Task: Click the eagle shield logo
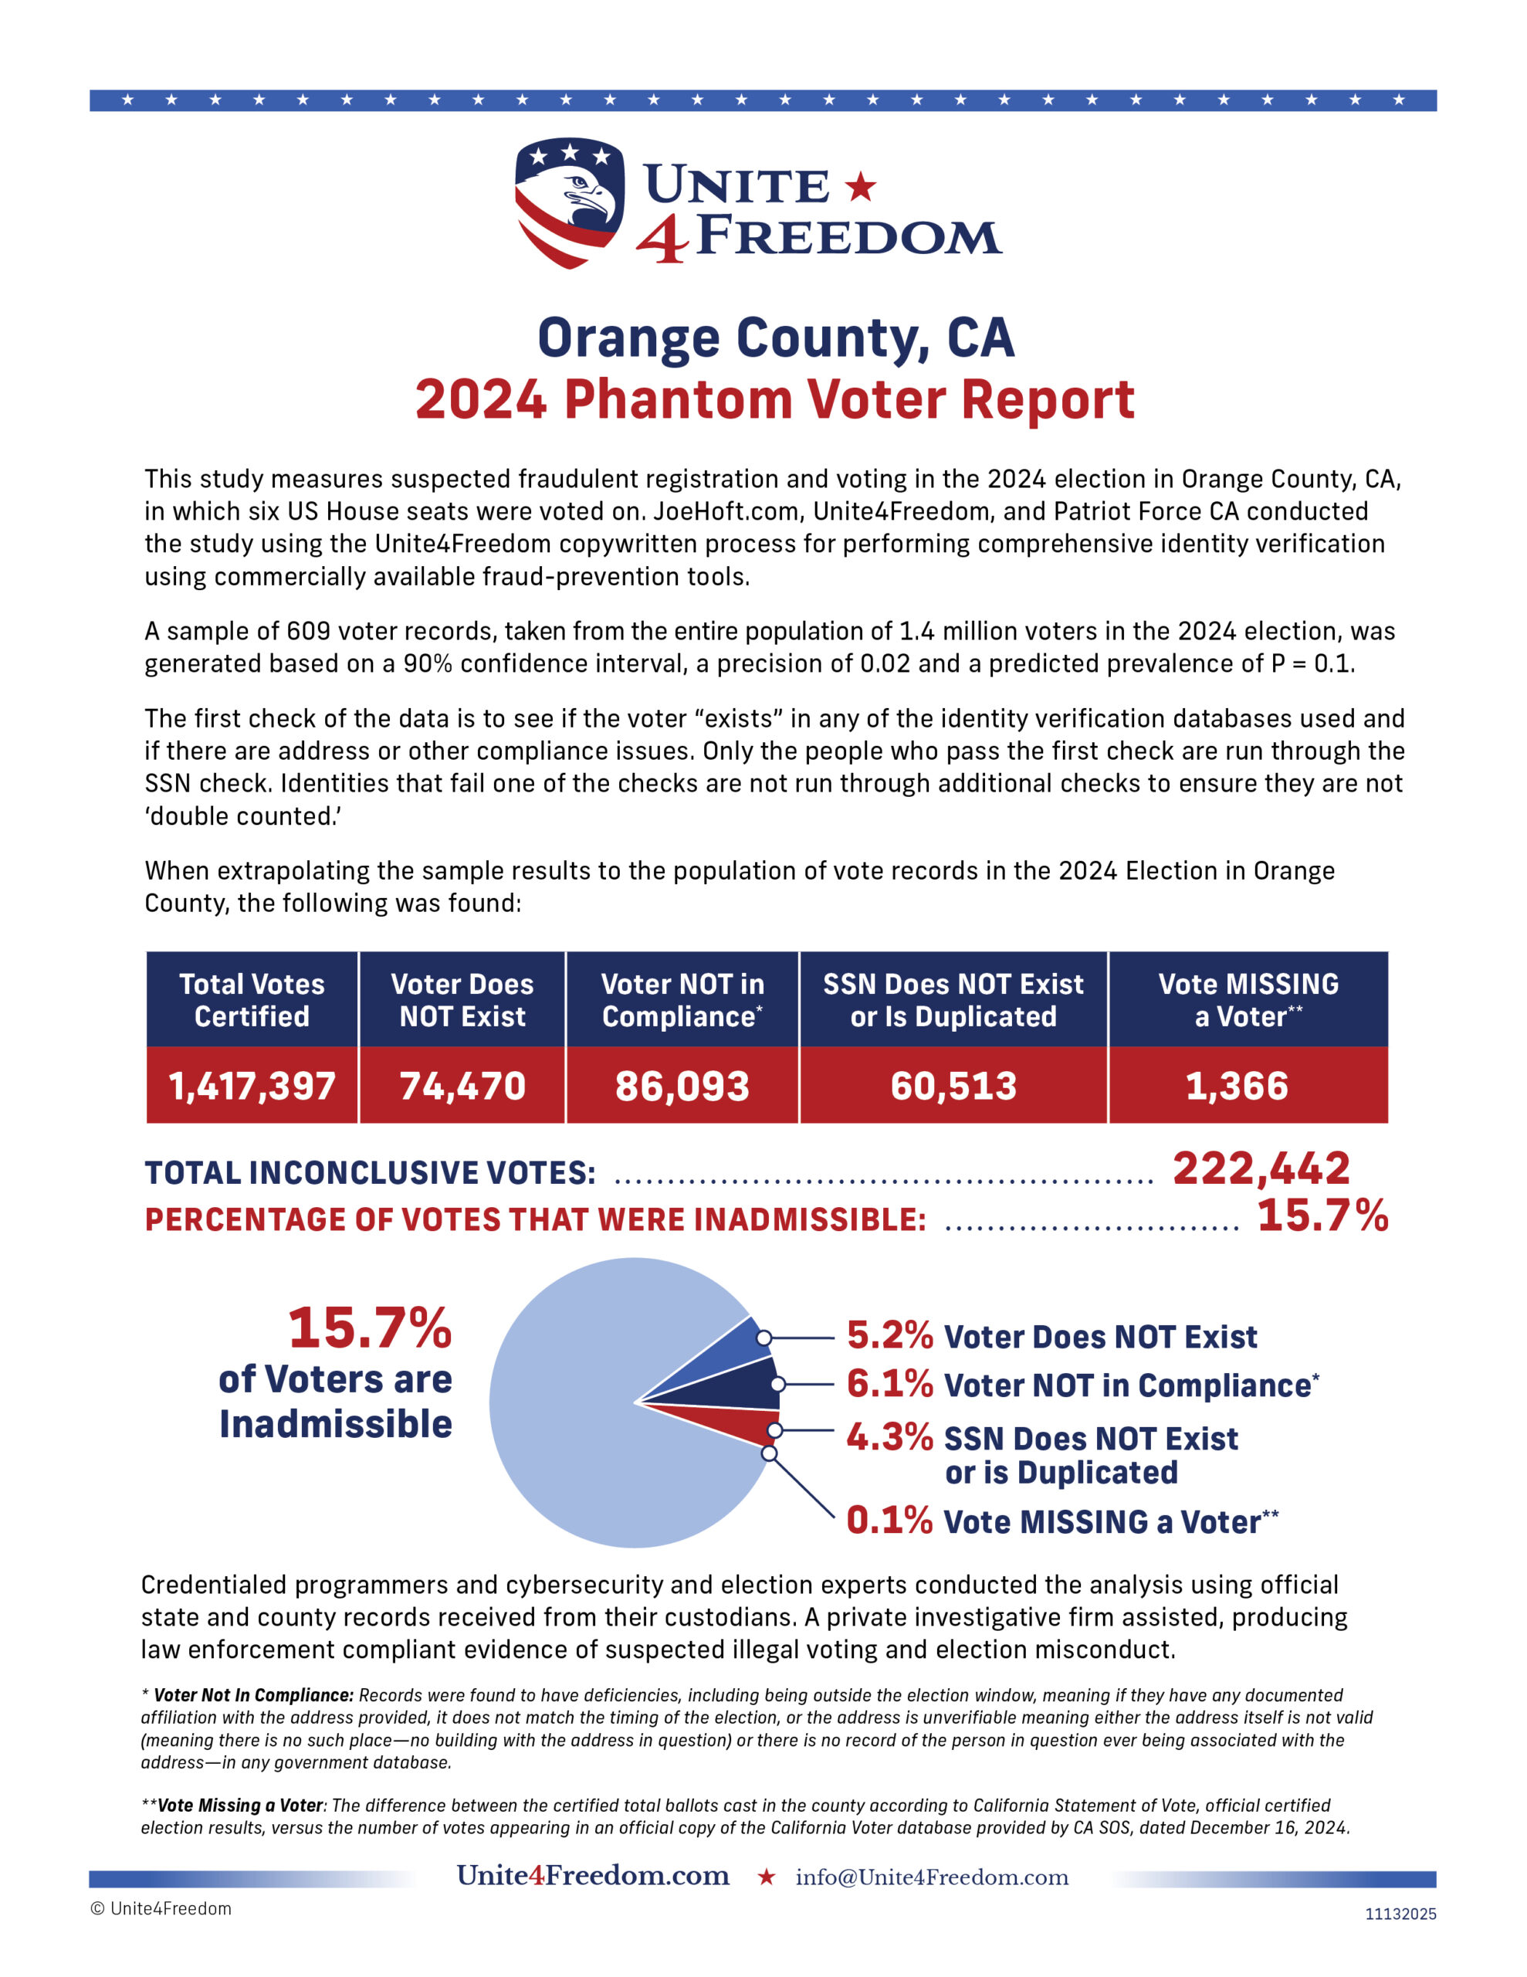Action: point(569,202)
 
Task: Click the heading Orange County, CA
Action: point(776,337)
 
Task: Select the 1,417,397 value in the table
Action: point(252,1085)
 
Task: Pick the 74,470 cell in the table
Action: point(462,1085)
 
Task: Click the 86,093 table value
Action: point(682,1085)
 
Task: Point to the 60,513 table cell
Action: point(953,1085)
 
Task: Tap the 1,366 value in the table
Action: point(1237,1085)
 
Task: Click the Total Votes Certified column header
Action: point(252,999)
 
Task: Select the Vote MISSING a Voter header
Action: point(1248,999)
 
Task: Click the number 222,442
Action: point(1261,1168)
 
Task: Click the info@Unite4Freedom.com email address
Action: point(931,1877)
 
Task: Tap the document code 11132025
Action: point(1400,1914)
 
